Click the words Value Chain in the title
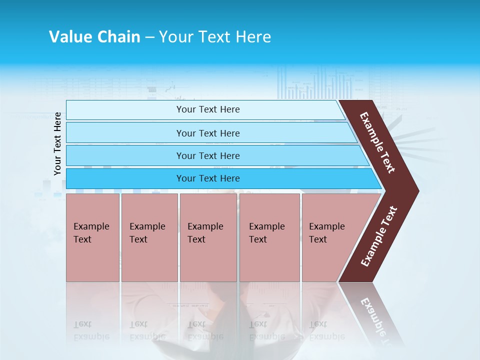click(x=94, y=36)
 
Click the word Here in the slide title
click(x=253, y=36)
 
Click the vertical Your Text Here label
click(x=57, y=143)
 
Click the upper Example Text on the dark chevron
click(x=377, y=142)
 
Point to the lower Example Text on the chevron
click(x=379, y=236)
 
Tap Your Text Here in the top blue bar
click(x=208, y=109)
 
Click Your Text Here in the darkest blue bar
click(x=208, y=178)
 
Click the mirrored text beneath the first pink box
click(x=91, y=330)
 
